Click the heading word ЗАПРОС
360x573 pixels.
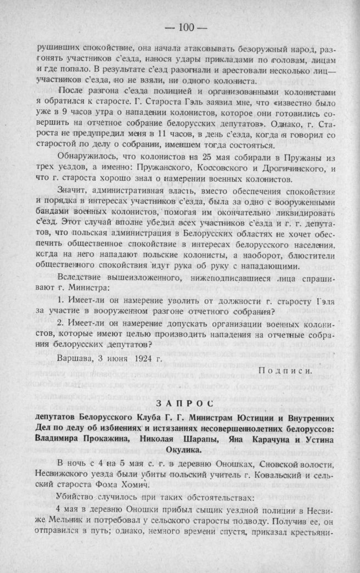179,403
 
